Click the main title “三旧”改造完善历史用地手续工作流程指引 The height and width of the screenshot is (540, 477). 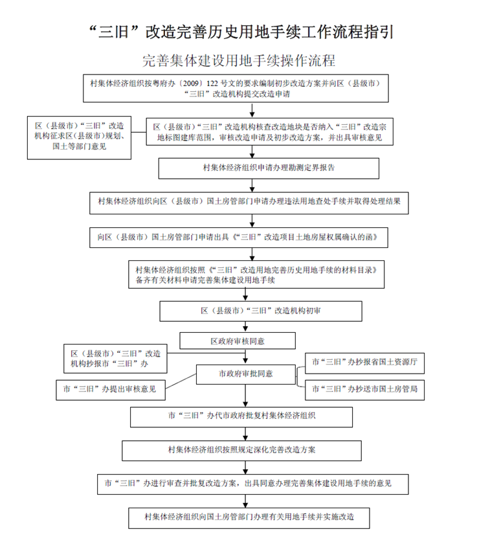coord(241,32)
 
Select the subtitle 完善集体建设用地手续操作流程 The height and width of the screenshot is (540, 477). coord(239,61)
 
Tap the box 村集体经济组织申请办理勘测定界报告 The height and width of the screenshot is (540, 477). coord(269,168)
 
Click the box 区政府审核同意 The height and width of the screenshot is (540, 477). coord(238,341)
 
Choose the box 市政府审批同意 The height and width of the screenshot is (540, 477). coord(246,374)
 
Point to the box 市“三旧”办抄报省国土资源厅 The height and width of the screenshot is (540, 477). coord(365,363)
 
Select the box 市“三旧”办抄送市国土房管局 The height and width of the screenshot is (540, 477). coord(365,390)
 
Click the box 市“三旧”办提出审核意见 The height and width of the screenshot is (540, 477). coord(111,390)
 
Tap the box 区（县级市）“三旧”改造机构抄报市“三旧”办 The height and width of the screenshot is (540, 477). coord(115,359)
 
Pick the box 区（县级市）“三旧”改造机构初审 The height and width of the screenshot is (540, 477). coord(261,311)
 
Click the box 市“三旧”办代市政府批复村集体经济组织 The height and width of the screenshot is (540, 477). coord(241,417)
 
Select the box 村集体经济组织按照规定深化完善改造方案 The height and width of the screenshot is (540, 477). coord(241,451)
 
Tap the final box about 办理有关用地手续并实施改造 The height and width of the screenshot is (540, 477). coord(249,518)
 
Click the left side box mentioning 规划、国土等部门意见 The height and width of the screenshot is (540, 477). coord(79,138)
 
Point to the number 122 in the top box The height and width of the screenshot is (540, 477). coord(212,84)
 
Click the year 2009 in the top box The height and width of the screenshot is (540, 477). coord(190,84)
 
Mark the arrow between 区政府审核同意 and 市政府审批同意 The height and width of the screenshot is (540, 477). coord(245,357)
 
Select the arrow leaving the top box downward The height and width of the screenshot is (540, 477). coord(252,110)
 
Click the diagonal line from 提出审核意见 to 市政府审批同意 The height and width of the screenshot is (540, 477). coord(181,381)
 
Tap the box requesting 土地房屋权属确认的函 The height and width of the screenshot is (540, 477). coord(239,238)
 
